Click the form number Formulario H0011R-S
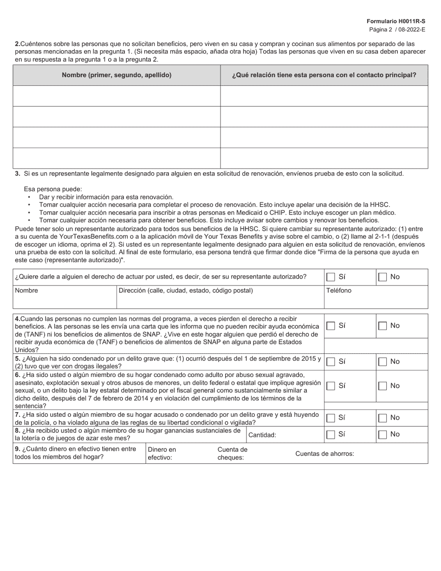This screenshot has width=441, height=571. pyautogui.click(x=396, y=21)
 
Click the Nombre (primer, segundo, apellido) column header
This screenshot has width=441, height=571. pyautogui.click(x=117, y=75)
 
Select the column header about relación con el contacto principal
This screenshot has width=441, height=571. pyautogui.click(x=324, y=75)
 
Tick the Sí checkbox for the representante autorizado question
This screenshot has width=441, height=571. pyautogui.click(x=331, y=277)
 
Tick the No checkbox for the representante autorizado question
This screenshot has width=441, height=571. pyautogui.click(x=383, y=277)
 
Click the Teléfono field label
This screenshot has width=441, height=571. pyautogui.click(x=339, y=291)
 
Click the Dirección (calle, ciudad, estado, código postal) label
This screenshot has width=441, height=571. pyautogui.click(x=186, y=291)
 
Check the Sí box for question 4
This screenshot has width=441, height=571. pyautogui.click(x=331, y=326)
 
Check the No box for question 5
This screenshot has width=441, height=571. pyautogui.click(x=383, y=362)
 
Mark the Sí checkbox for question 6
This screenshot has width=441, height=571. pyautogui.click(x=331, y=386)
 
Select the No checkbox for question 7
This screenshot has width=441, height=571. pyautogui.click(x=383, y=418)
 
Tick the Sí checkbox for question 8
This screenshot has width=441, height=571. pyautogui.click(x=331, y=435)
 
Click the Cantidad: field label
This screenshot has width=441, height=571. pyautogui.click(x=262, y=435)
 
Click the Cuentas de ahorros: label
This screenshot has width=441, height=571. pyautogui.click(x=324, y=454)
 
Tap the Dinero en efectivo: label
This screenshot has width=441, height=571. pyautogui.click(x=162, y=453)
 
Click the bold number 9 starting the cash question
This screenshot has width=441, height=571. pyautogui.click(x=17, y=449)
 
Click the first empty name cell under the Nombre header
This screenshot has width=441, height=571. pyautogui.click(x=117, y=96)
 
